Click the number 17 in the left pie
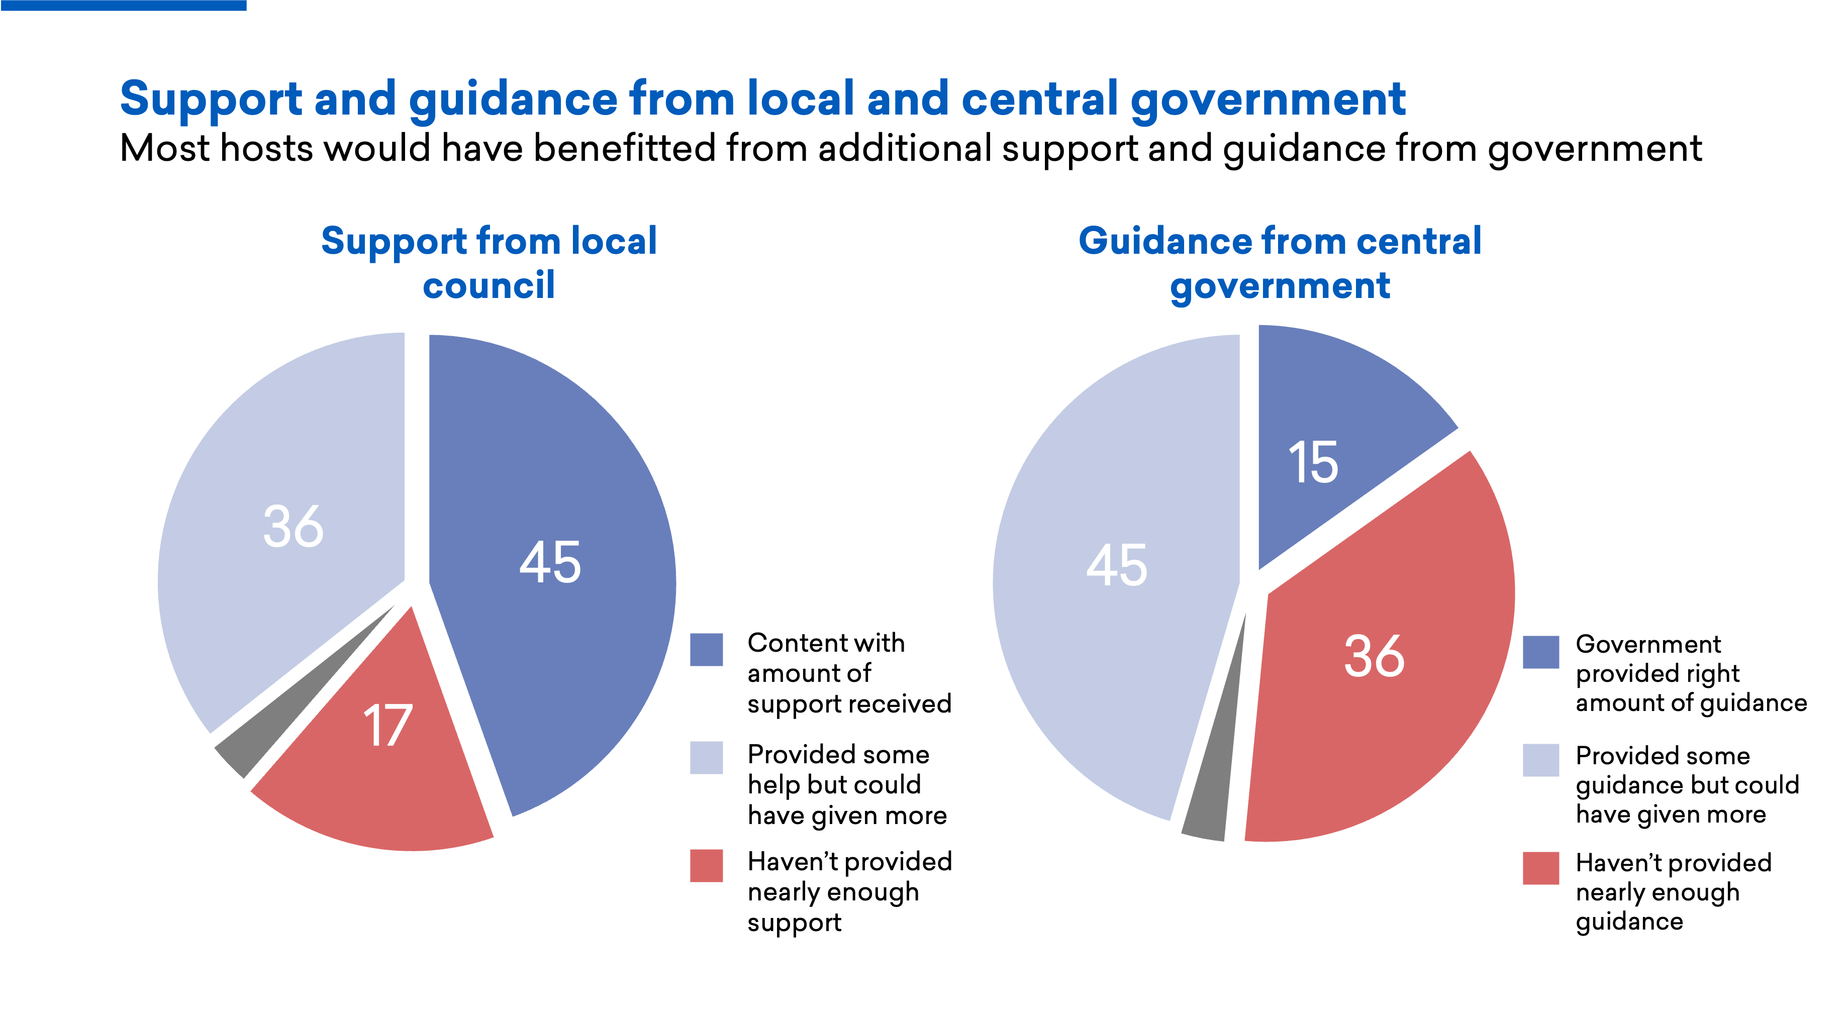[x=387, y=726]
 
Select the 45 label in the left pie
[x=549, y=562]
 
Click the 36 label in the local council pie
[x=293, y=527]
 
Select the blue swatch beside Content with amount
[x=706, y=649]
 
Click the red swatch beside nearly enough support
[x=706, y=865]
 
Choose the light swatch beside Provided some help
[x=706, y=757]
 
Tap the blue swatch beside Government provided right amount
[x=1540, y=651]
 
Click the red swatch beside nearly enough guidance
[x=1540, y=867]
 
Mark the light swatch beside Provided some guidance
[x=1540, y=759]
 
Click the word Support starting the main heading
[x=211, y=99]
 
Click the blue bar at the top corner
[x=123, y=5]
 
